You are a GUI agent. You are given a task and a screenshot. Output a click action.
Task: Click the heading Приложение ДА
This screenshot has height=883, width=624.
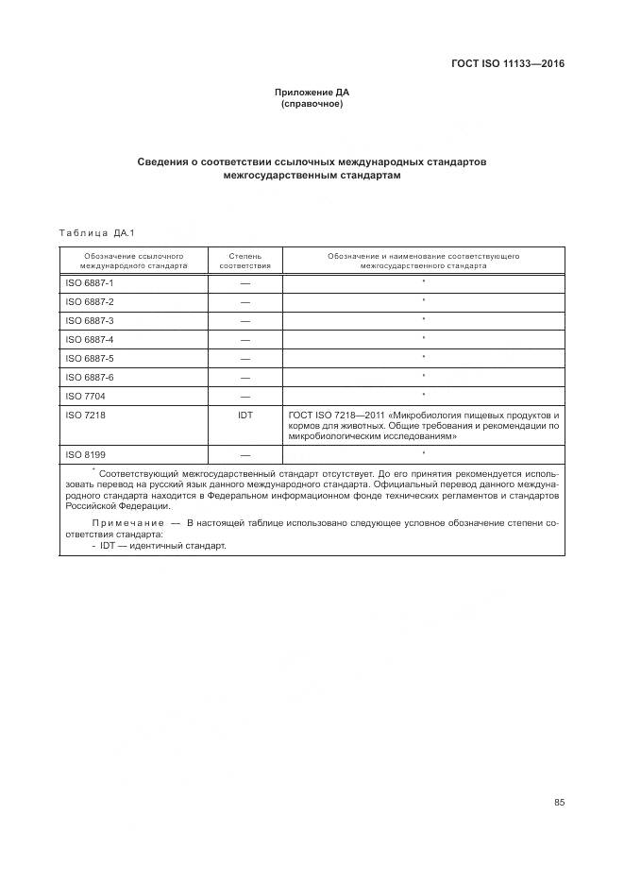pyautogui.click(x=312, y=93)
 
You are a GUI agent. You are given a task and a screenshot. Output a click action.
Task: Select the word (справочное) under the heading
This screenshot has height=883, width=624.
pyautogui.click(x=312, y=104)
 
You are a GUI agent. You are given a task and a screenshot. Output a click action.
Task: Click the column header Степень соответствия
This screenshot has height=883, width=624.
pyautogui.click(x=245, y=261)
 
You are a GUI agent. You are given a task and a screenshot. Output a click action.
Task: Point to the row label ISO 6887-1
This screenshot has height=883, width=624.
pyautogui.click(x=89, y=283)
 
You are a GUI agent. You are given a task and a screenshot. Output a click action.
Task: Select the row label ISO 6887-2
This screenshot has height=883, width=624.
pyautogui.click(x=89, y=302)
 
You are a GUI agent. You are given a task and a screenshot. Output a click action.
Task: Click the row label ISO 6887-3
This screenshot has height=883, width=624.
pyautogui.click(x=89, y=320)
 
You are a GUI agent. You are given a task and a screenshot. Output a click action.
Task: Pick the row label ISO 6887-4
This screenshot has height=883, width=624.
pyautogui.click(x=89, y=339)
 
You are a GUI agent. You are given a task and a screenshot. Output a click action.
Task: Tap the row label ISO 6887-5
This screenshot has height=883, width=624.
pyautogui.click(x=89, y=358)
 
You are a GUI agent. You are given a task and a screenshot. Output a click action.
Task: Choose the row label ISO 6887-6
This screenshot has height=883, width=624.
pyautogui.click(x=89, y=377)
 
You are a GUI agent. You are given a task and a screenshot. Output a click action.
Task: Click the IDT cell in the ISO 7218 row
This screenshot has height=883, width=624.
pyautogui.click(x=245, y=415)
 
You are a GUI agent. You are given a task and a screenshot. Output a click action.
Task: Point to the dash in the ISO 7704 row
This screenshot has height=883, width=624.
pyautogui.click(x=245, y=396)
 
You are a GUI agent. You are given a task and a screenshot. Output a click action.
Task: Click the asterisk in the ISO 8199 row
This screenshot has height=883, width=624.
pyautogui.click(x=424, y=454)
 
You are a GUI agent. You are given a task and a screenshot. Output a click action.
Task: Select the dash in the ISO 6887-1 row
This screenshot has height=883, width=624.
pyautogui.click(x=245, y=283)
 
